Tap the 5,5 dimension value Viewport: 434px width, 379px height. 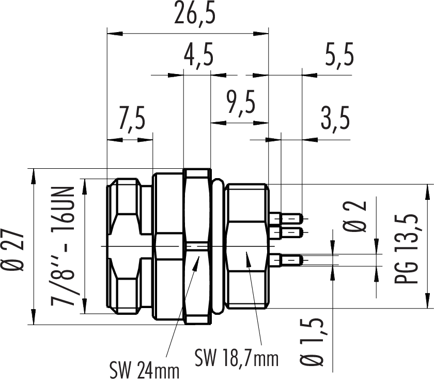pos(340,55)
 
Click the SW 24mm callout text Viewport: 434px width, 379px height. pos(144,370)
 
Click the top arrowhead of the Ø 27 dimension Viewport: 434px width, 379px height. pos(34,174)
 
